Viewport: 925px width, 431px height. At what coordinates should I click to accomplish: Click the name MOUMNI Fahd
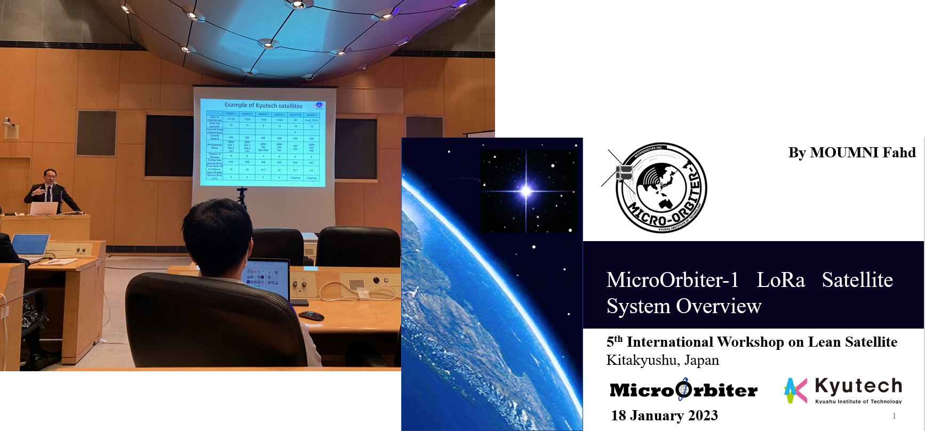pyautogui.click(x=862, y=153)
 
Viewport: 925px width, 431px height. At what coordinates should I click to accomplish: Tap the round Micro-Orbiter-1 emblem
pyautogui.click(x=661, y=188)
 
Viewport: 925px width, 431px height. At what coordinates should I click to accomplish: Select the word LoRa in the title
pyautogui.click(x=780, y=281)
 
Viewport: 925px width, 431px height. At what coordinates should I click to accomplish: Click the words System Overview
pyautogui.click(x=684, y=307)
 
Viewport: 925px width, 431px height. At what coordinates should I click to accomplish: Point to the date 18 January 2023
pyautogui.click(x=664, y=416)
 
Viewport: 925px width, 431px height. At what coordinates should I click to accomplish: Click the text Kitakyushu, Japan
pyautogui.click(x=663, y=360)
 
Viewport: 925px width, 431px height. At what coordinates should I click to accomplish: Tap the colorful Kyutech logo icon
pyautogui.click(x=795, y=390)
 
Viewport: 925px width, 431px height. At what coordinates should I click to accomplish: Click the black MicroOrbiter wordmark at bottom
pyautogui.click(x=683, y=390)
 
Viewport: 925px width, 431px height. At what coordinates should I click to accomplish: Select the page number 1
pyautogui.click(x=894, y=416)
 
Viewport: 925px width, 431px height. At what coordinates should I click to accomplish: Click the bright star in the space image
pyautogui.click(x=526, y=190)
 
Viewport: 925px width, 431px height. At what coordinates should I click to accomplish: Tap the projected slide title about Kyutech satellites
pyautogui.click(x=263, y=106)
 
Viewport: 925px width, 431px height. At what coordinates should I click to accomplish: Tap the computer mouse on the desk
pyautogui.click(x=311, y=316)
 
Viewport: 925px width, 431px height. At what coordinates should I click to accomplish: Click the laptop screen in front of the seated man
pyautogui.click(x=265, y=277)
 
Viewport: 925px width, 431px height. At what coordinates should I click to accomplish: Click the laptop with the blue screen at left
pyautogui.click(x=29, y=245)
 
